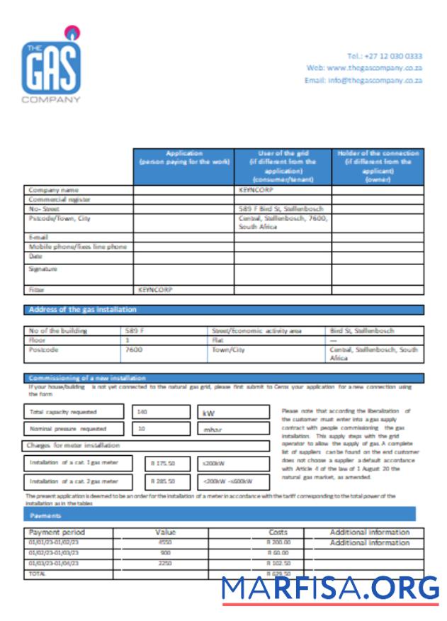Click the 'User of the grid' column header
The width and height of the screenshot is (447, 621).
[x=283, y=167]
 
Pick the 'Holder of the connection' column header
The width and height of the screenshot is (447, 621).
[x=378, y=167]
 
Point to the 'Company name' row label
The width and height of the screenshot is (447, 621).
[x=54, y=190]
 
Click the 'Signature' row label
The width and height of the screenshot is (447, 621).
[x=43, y=269]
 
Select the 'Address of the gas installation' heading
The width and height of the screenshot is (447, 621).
[x=83, y=310]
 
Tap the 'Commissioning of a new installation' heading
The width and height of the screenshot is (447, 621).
[x=87, y=378]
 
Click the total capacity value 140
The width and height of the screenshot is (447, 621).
[x=145, y=412]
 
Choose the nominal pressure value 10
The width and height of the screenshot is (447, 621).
[x=142, y=429]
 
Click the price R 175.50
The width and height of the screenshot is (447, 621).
[x=162, y=463]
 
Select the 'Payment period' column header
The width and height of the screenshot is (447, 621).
[x=57, y=532]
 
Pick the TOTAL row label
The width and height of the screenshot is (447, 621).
[x=39, y=574]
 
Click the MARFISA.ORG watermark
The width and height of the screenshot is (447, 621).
[x=330, y=588]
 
